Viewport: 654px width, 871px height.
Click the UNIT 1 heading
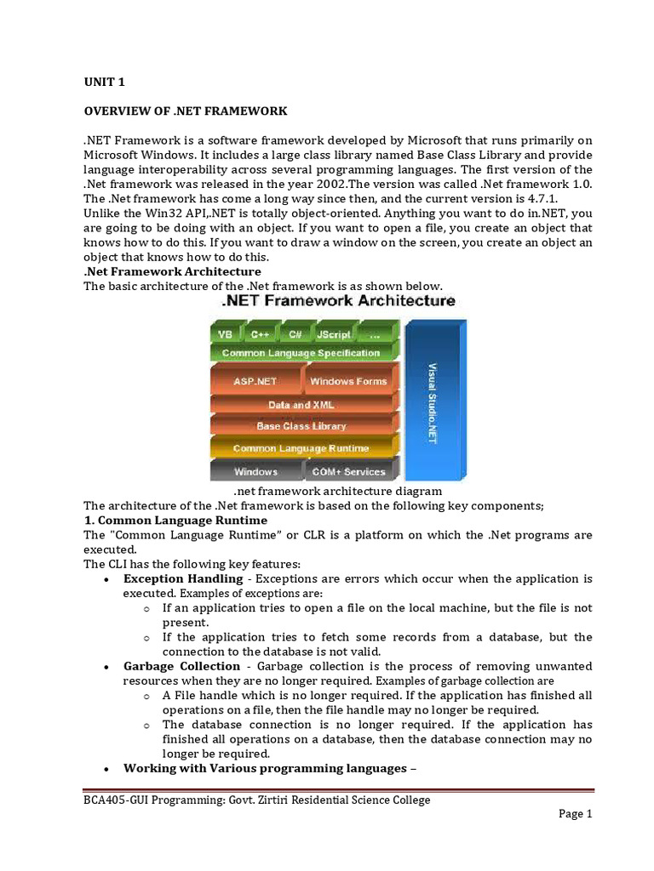pyautogui.click(x=103, y=82)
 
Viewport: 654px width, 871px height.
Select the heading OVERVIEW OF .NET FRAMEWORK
pyautogui.click(x=185, y=111)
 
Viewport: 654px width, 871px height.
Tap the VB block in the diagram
pyautogui.click(x=225, y=334)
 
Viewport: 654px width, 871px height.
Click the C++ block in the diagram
pyautogui.click(x=260, y=334)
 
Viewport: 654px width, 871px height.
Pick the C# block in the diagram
pyautogui.click(x=295, y=334)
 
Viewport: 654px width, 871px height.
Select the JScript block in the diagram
pyautogui.click(x=333, y=334)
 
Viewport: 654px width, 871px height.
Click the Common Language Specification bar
pyautogui.click(x=301, y=353)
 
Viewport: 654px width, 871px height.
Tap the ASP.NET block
pyautogui.click(x=255, y=381)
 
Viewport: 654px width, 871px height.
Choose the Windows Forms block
pyautogui.click(x=347, y=381)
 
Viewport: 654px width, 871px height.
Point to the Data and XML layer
pyautogui.click(x=301, y=405)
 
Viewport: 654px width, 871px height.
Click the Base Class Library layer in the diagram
pyautogui.click(x=301, y=426)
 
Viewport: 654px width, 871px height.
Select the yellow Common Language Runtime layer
pyautogui.click(x=301, y=448)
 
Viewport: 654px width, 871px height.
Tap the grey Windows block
pyautogui.click(x=255, y=471)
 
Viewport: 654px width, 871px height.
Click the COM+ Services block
pyautogui.click(x=347, y=471)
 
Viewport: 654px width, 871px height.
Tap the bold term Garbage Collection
pyautogui.click(x=181, y=666)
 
